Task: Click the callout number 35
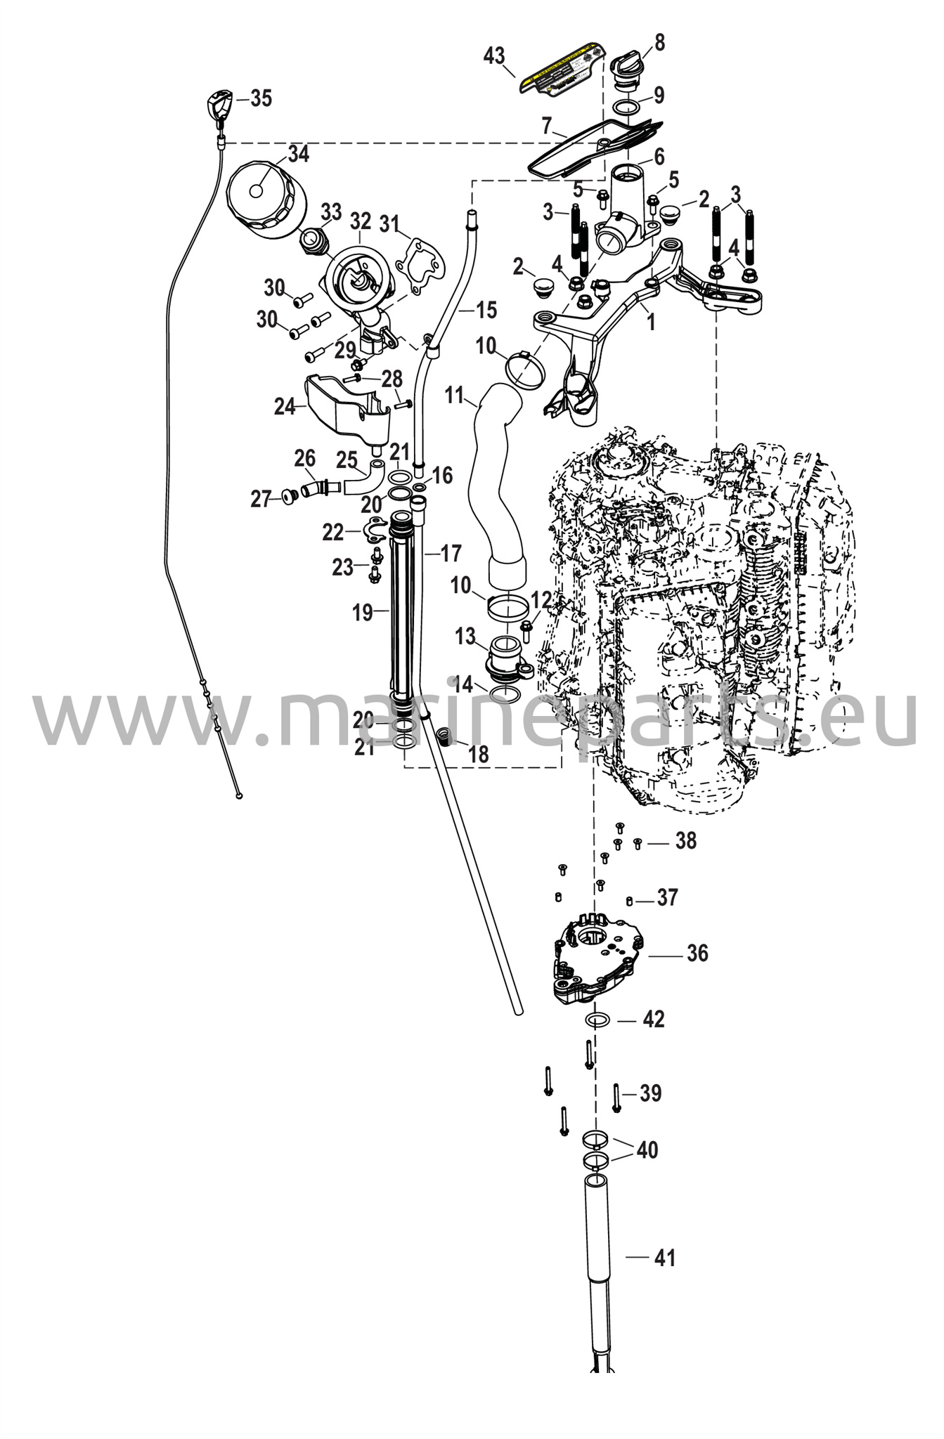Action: pos(261,99)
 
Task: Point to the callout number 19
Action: pos(363,613)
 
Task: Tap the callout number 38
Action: pos(686,841)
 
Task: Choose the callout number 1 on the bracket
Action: pos(651,323)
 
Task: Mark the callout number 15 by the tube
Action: pos(486,309)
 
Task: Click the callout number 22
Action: pos(332,532)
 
